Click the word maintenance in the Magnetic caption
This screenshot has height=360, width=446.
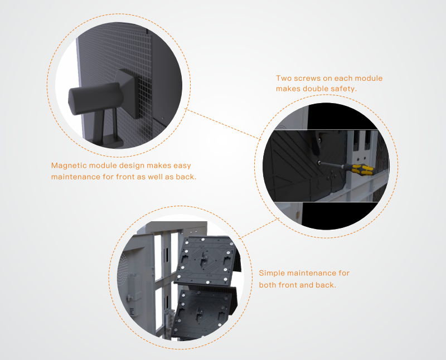[76, 177]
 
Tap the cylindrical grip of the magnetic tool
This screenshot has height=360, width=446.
[95, 98]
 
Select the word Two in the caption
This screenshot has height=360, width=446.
[284, 78]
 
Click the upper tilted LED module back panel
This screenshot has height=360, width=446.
[207, 260]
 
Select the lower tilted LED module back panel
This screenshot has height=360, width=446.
[204, 313]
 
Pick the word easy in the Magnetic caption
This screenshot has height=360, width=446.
[182, 166]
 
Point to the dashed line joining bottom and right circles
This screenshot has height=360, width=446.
[259, 227]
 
